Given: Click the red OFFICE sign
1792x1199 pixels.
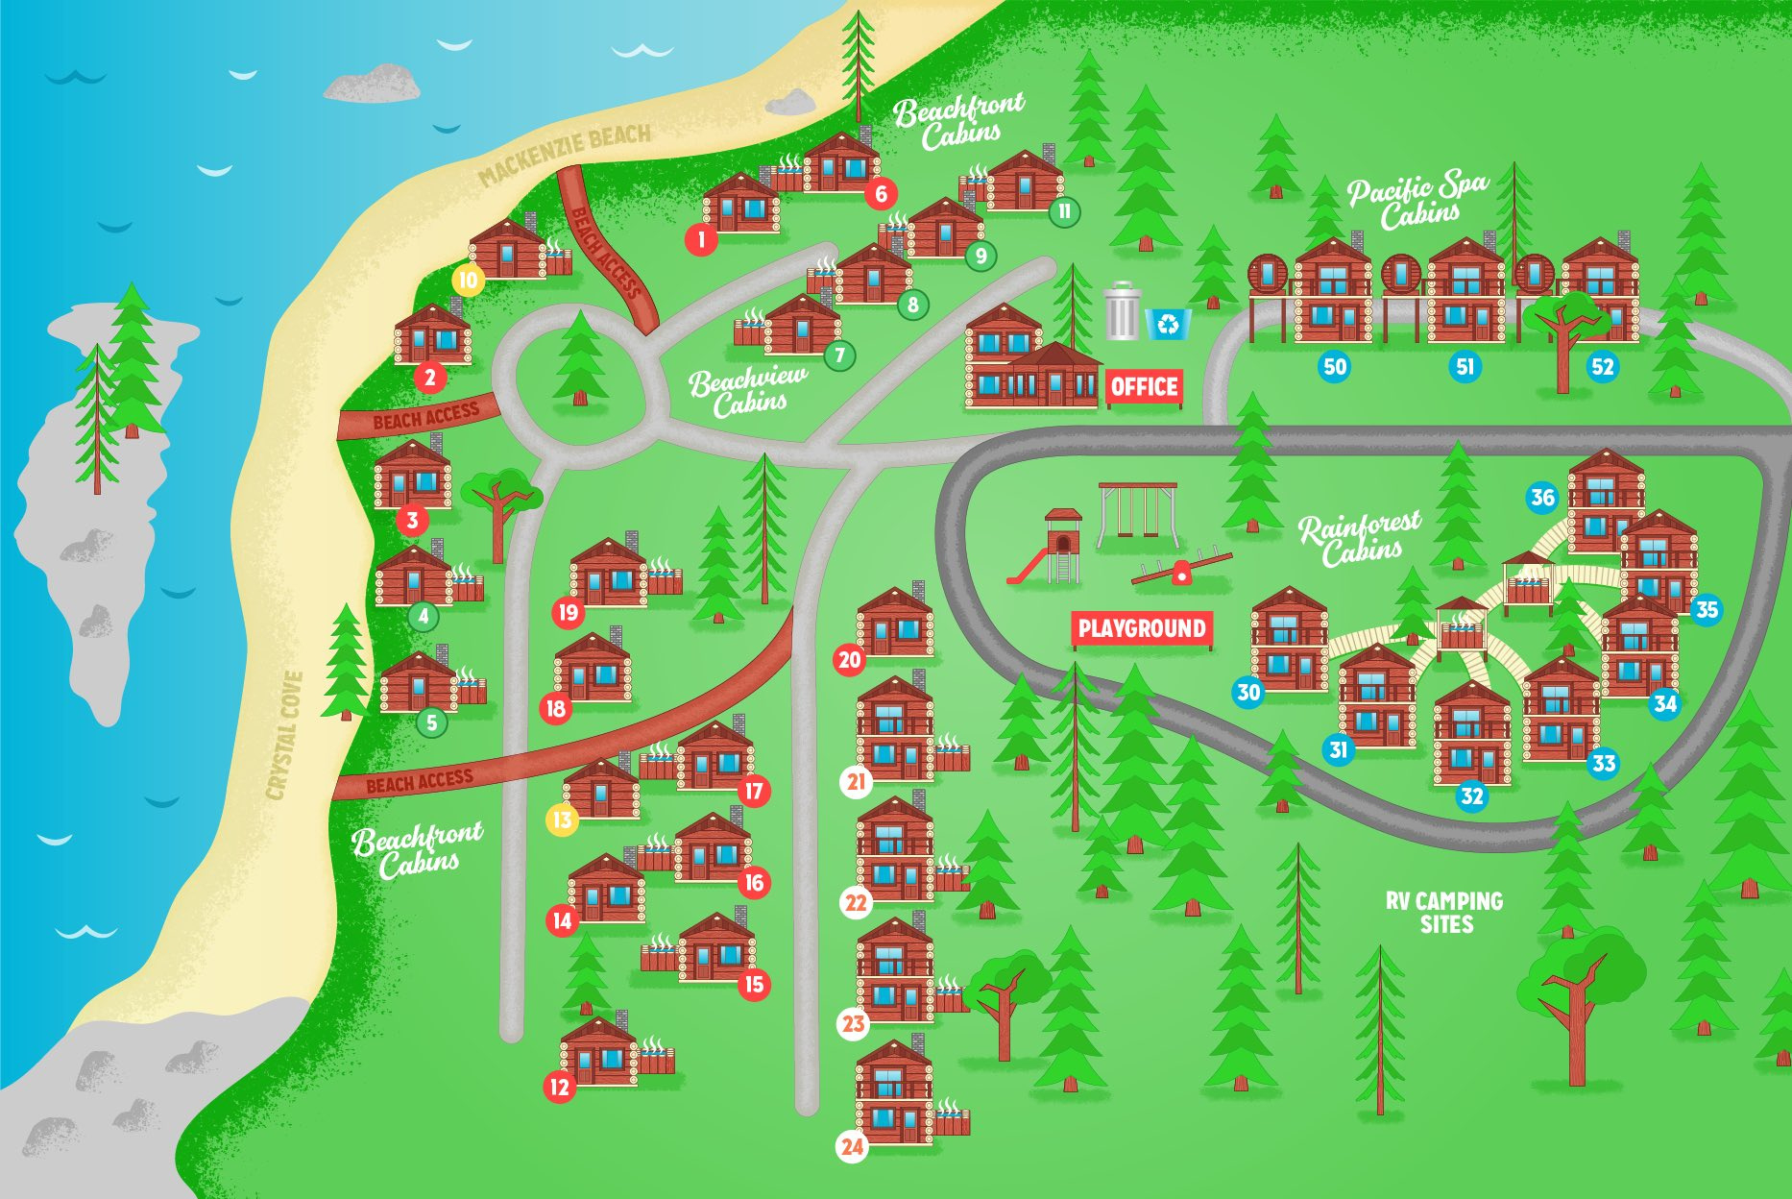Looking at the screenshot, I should (x=1144, y=386).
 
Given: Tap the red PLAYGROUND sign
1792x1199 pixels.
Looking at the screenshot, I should (x=1141, y=629).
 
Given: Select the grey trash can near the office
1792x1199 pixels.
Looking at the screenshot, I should (x=1121, y=311).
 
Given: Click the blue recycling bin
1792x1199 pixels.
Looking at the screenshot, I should (x=1168, y=324).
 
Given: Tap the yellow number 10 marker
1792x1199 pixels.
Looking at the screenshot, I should (x=468, y=281).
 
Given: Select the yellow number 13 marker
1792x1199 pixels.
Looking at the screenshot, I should (x=562, y=820).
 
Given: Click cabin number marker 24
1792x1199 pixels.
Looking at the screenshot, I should (x=852, y=1146).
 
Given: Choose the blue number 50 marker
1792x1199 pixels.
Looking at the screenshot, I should (x=1335, y=366).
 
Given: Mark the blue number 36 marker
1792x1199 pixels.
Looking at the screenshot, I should (x=1542, y=498).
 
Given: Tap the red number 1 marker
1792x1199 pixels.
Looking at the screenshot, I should (x=702, y=239).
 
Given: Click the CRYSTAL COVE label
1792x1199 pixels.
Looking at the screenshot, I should (x=285, y=735).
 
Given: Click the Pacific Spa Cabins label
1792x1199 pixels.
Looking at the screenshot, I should (x=1418, y=202).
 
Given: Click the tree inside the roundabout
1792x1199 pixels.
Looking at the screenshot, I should (x=580, y=359).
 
